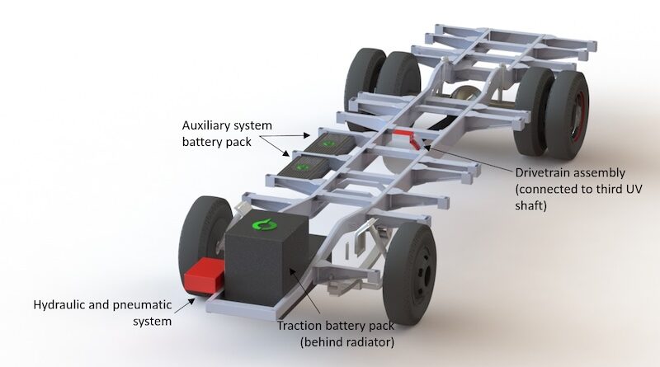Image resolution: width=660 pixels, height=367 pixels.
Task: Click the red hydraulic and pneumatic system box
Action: tap(204, 275)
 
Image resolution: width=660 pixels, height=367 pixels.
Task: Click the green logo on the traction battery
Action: tap(264, 224)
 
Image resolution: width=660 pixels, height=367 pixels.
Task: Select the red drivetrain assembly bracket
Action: tap(406, 137)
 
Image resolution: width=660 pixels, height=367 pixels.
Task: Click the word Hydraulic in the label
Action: tap(60, 304)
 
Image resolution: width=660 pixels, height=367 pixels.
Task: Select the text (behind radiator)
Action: tap(347, 341)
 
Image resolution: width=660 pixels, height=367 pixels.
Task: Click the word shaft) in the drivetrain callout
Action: tap(530, 205)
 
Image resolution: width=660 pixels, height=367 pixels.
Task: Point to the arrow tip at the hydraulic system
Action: tap(194, 299)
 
